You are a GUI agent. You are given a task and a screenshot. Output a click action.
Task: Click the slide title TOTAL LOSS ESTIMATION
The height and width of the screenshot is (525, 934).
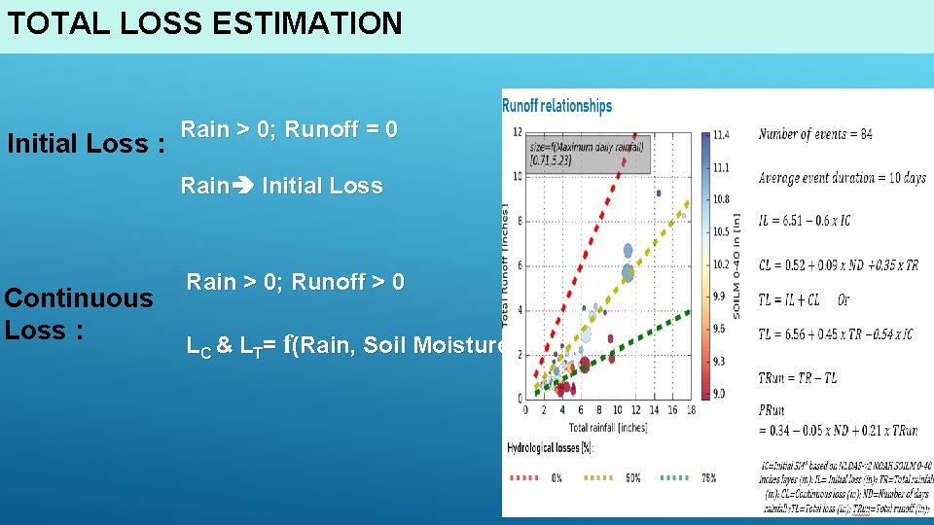pyautogui.click(x=204, y=23)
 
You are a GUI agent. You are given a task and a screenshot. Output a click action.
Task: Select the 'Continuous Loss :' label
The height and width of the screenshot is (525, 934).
pyautogui.click(x=79, y=313)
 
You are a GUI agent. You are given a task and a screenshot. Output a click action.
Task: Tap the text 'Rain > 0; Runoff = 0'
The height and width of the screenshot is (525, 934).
pyautogui.click(x=289, y=129)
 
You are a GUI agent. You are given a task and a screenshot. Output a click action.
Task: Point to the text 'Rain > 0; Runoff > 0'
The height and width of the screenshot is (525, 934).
pyautogui.click(x=296, y=282)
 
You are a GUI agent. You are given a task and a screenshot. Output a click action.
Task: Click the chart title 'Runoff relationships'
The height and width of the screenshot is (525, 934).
pyautogui.click(x=557, y=105)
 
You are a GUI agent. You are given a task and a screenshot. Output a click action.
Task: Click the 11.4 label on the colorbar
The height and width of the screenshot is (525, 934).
pyautogui.click(x=721, y=134)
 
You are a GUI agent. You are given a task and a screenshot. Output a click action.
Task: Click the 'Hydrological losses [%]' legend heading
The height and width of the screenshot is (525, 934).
pyautogui.click(x=550, y=448)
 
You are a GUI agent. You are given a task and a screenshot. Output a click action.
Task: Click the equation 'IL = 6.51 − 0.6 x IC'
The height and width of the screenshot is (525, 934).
pyautogui.click(x=804, y=221)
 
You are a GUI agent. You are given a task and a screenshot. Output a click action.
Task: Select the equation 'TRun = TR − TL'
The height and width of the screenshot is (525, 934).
pyautogui.click(x=797, y=378)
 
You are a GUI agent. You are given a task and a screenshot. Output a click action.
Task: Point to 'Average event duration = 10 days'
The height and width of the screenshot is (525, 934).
pyautogui.click(x=841, y=178)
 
